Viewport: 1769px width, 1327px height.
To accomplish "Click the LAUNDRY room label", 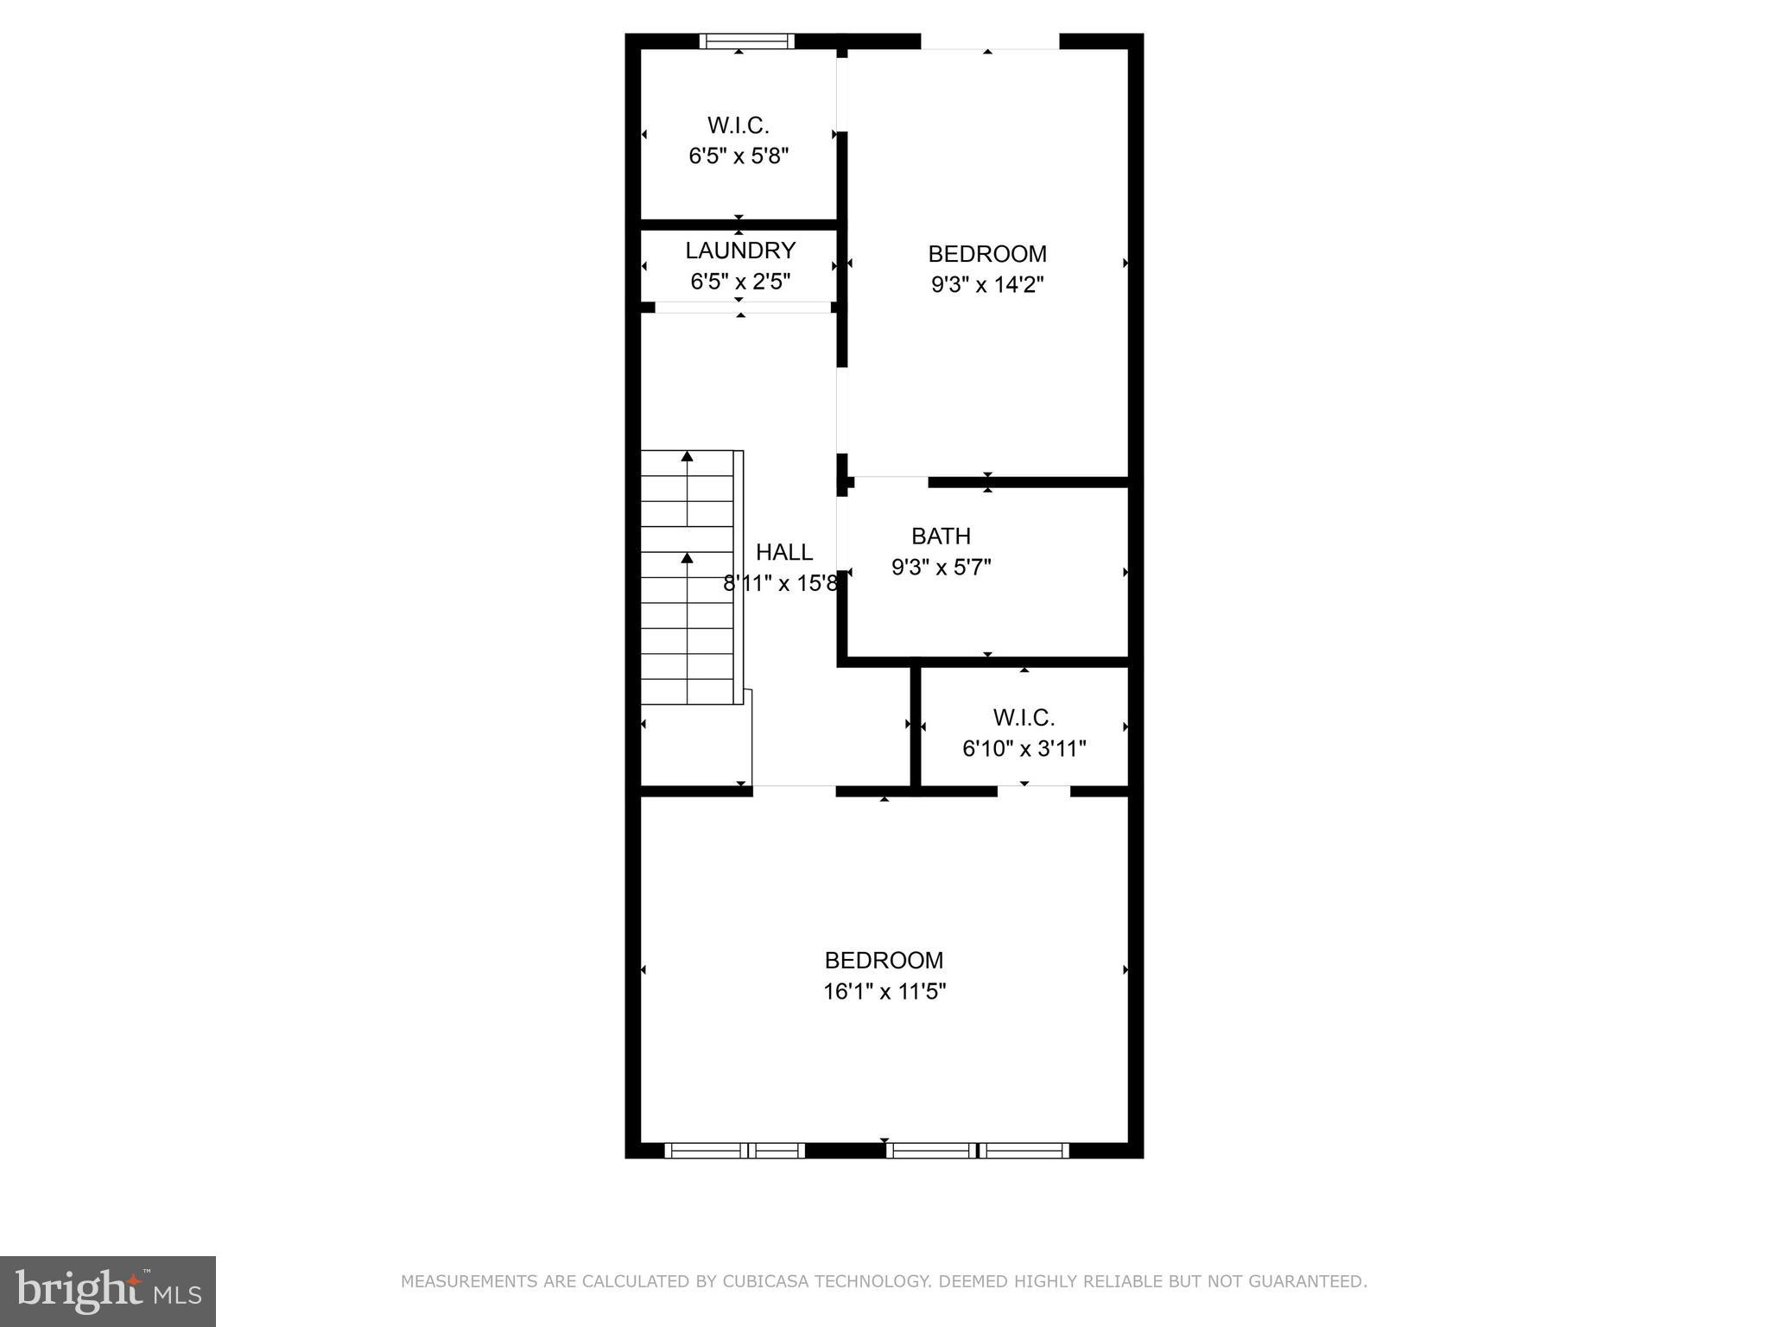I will coord(740,251).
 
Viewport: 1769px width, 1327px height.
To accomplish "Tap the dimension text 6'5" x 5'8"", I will coord(739,156).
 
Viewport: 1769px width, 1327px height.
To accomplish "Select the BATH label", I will coord(941,537).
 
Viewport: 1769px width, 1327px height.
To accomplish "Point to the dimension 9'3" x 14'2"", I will coord(987,285).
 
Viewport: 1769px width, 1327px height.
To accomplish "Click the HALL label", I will coord(784,552).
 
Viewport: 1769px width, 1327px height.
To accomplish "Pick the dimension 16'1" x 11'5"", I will coord(884,992).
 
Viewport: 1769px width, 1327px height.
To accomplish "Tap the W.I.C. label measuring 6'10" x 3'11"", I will coord(1024,718).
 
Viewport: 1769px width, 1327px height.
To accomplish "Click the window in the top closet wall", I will coord(746,41).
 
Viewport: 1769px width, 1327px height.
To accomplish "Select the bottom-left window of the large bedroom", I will coord(734,1150).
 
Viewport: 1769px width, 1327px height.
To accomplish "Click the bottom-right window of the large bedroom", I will coord(978,1150).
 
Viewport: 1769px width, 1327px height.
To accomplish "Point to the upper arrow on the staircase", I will coord(688,456).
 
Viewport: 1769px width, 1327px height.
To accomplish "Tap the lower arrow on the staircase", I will coord(688,558).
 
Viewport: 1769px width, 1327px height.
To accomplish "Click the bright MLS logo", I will coord(108,1291).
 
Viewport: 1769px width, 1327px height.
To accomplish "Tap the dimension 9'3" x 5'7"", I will coord(941,568).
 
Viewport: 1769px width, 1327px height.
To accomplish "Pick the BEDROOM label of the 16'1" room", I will coord(884,961).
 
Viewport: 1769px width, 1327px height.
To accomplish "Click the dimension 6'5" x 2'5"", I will coord(740,282).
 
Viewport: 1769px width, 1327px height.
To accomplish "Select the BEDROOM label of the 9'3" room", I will coord(987,254).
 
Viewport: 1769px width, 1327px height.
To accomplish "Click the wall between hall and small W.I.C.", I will coord(916,726).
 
